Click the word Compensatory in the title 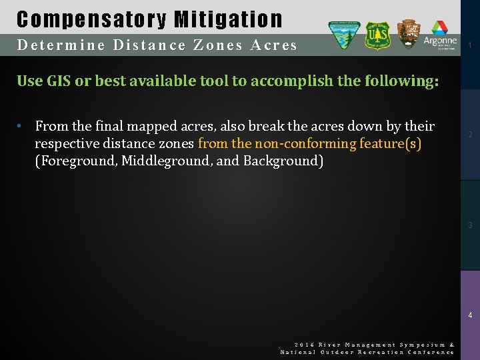pos(91,19)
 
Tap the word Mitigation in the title pos(228,19)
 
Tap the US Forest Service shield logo pos(377,35)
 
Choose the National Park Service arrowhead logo pos(408,34)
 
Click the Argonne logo pos(440,35)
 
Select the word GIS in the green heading pos(56,81)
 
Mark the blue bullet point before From pos(21,126)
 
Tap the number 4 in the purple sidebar pos(471,315)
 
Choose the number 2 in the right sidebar pos(471,135)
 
